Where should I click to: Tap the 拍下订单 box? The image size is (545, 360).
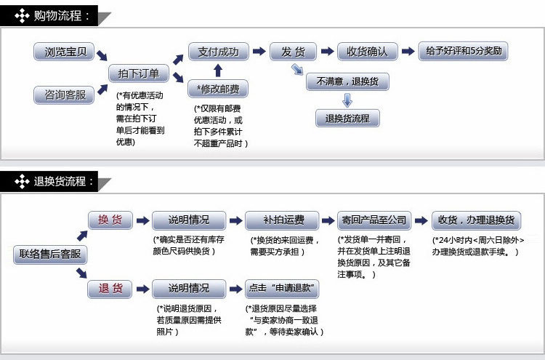point(139,73)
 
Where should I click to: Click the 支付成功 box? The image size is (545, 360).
point(218,52)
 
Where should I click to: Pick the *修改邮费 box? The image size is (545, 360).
point(218,89)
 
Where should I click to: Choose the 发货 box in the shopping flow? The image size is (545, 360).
point(293,52)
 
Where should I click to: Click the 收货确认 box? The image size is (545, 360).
point(367,52)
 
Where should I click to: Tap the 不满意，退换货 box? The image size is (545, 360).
point(347,81)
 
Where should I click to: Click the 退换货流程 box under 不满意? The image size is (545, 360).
point(347,119)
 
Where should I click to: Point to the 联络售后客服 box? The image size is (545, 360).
point(50,255)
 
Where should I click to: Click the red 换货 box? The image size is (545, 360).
point(110,220)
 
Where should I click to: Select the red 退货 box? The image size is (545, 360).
point(110,289)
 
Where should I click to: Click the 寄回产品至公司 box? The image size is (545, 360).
point(374,220)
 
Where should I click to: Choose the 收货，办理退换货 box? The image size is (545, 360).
point(475,220)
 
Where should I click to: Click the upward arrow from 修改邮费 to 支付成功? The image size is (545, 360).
point(218,71)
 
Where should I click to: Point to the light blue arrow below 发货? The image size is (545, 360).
point(297,70)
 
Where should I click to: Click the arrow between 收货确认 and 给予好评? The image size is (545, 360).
point(408,52)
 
